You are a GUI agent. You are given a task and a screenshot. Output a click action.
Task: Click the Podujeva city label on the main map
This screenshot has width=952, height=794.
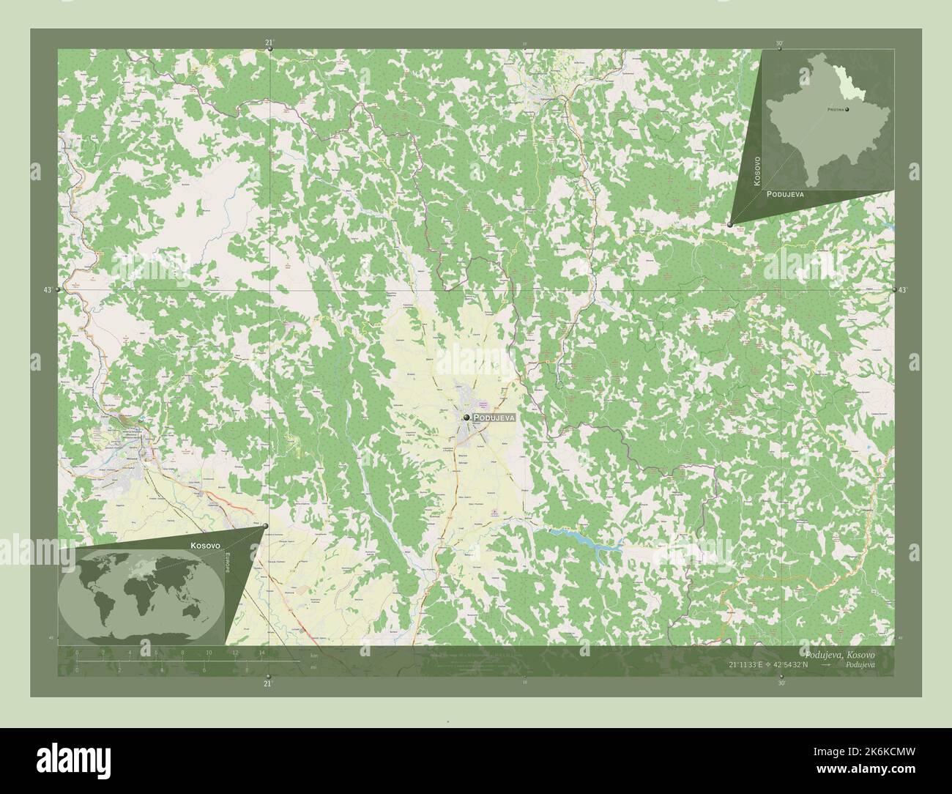coord(495,417)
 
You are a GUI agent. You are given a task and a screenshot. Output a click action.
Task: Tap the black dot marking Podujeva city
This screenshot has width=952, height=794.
coord(466,417)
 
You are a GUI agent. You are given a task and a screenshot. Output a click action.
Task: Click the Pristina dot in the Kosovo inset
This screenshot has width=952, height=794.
coord(847,110)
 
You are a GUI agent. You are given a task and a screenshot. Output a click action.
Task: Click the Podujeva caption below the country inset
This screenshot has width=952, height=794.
coord(786,195)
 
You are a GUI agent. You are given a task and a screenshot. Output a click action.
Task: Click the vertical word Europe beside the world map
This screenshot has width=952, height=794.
coord(227,565)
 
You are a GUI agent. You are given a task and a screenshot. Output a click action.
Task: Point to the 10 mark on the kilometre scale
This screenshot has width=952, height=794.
coord(209,652)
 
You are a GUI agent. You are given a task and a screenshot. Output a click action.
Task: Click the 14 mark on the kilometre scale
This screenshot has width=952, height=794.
coord(261,652)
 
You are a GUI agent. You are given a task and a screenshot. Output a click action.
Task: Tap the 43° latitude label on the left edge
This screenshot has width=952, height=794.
coord(46,291)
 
